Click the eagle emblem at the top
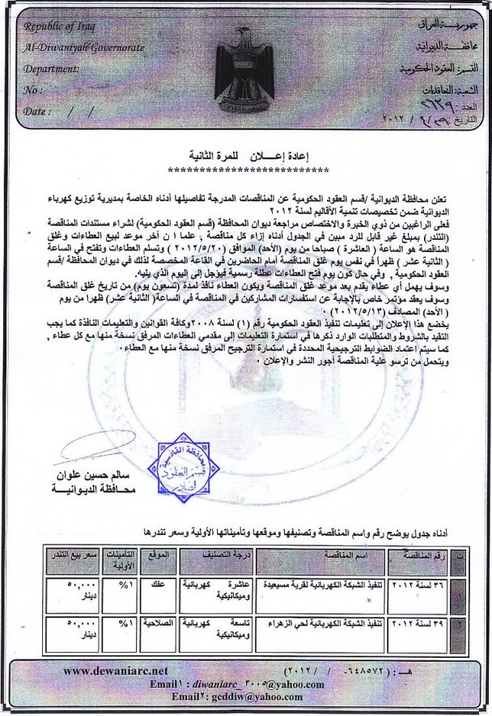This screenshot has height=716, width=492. pyautogui.click(x=245, y=72)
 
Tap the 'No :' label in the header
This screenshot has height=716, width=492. pyautogui.click(x=34, y=91)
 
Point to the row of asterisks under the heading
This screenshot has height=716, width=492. pyautogui.click(x=244, y=172)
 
